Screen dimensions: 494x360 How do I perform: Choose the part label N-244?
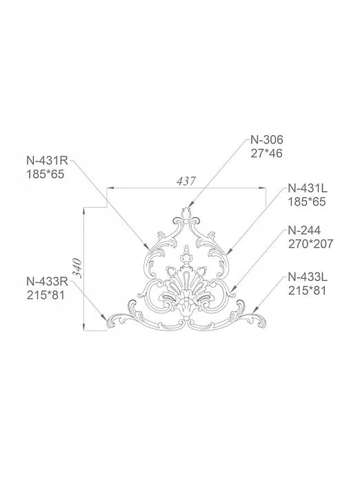pos(304,230)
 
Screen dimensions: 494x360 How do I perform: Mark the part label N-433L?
pos(308,277)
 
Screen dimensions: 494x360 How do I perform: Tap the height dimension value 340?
pos(78,268)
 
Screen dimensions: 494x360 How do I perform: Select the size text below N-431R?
pos(44,175)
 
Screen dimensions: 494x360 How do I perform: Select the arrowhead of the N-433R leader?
pos(108,323)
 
